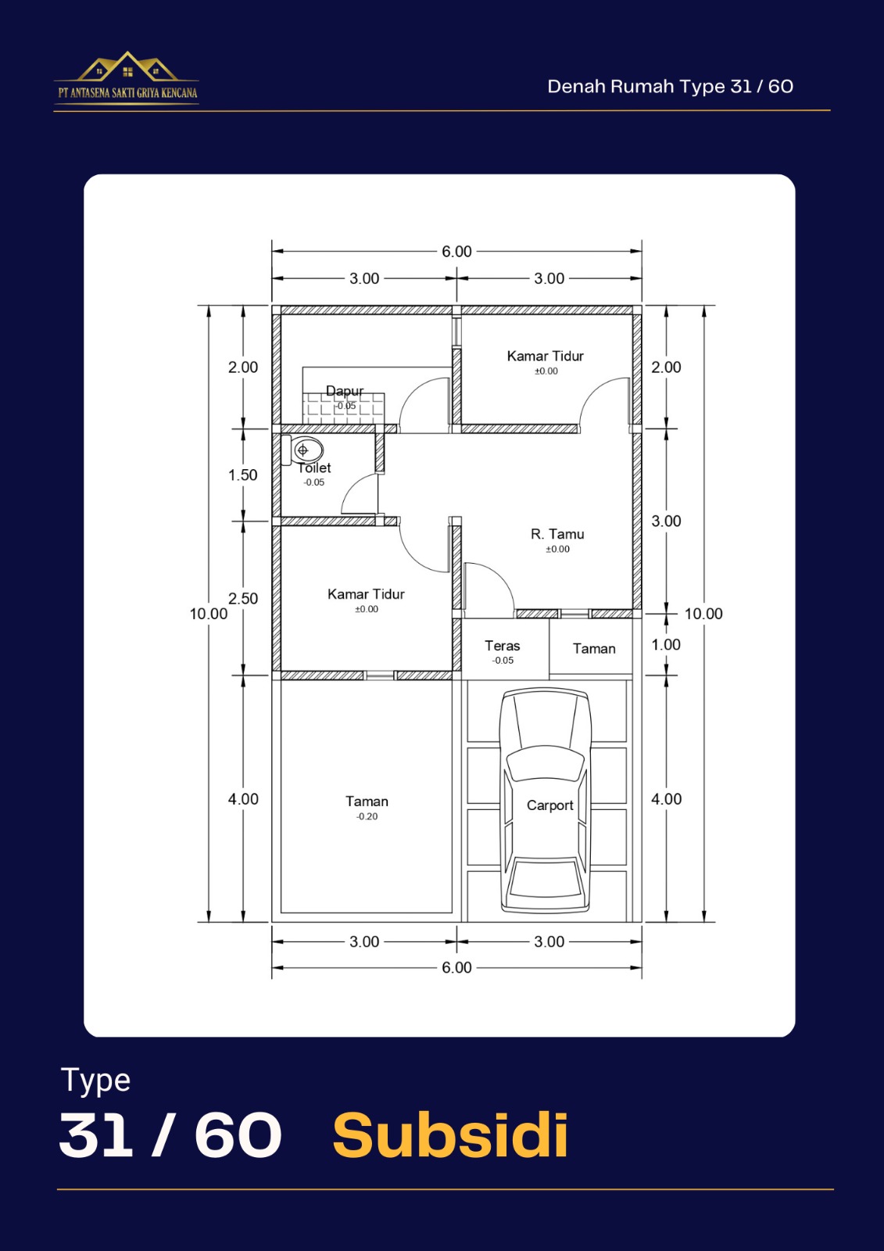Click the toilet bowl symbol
coord(302,450)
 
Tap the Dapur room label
coord(345,391)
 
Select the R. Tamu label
coord(557,534)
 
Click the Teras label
coord(502,646)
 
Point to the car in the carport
coord(545,801)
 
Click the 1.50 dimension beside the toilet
coord(242,475)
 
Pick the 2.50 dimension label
coord(243,599)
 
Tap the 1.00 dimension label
coord(666,645)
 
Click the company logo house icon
coord(127,66)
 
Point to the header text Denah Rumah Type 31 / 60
coord(670,87)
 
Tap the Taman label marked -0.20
coord(367,801)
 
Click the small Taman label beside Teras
coord(593,649)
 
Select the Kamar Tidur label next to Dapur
coord(545,357)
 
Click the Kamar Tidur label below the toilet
coord(366,594)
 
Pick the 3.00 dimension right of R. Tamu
coord(666,522)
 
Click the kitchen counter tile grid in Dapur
coord(343,408)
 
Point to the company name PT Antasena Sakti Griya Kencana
coord(127,93)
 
